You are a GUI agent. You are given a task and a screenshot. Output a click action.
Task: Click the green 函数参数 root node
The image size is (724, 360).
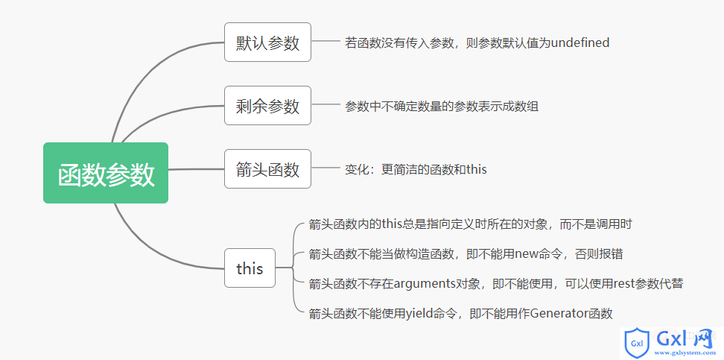(106, 173)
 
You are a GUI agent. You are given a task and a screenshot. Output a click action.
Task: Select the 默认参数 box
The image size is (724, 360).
(268, 42)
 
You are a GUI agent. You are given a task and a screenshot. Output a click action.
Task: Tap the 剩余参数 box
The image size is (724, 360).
(268, 105)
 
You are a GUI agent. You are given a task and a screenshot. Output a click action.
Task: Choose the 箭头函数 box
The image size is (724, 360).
(268, 168)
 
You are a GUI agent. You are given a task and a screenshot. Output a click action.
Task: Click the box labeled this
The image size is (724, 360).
(250, 268)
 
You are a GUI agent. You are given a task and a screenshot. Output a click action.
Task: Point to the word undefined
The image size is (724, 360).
(580, 43)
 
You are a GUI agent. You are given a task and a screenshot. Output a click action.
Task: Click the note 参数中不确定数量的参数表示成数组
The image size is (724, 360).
(442, 107)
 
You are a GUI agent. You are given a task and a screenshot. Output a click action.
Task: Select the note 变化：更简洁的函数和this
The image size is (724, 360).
(416, 170)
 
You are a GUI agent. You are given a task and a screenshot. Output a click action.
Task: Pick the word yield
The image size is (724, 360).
(419, 315)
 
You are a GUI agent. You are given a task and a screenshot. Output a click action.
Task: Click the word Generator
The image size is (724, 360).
(558, 314)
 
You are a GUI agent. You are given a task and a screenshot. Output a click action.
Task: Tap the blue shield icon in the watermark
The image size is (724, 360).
(637, 343)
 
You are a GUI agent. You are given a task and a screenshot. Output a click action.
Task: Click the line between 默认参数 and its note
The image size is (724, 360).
(326, 42)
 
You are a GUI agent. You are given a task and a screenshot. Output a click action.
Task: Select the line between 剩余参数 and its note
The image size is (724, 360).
(326, 105)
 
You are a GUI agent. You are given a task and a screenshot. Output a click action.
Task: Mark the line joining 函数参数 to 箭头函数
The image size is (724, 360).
(196, 169)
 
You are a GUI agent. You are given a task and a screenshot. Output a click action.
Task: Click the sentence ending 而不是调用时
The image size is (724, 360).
(470, 224)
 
